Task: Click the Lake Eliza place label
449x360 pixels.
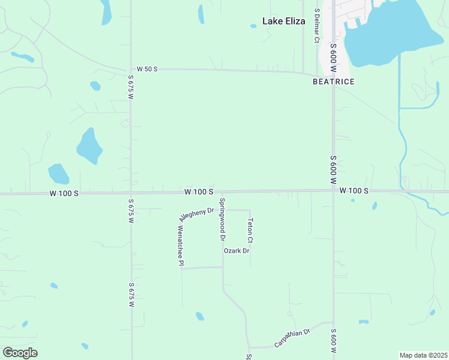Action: [283, 21]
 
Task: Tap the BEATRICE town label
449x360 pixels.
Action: [333, 82]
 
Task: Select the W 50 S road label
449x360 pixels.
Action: [146, 69]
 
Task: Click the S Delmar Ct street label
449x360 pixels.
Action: [316, 26]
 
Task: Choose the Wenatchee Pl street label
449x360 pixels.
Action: [180, 246]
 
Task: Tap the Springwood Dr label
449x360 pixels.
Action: [222, 220]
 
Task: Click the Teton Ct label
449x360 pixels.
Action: [250, 230]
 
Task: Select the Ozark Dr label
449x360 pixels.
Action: [236, 251]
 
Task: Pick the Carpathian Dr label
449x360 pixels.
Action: [291, 338]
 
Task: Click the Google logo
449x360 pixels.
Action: [20, 353]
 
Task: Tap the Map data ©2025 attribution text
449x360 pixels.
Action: [423, 355]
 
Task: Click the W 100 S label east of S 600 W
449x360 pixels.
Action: [353, 191]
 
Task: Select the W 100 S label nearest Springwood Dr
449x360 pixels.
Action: [199, 191]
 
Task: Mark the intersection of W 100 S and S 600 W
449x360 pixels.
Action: [334, 191]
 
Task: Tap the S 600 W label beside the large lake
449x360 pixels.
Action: [333, 54]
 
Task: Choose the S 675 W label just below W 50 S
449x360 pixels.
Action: [130, 88]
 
